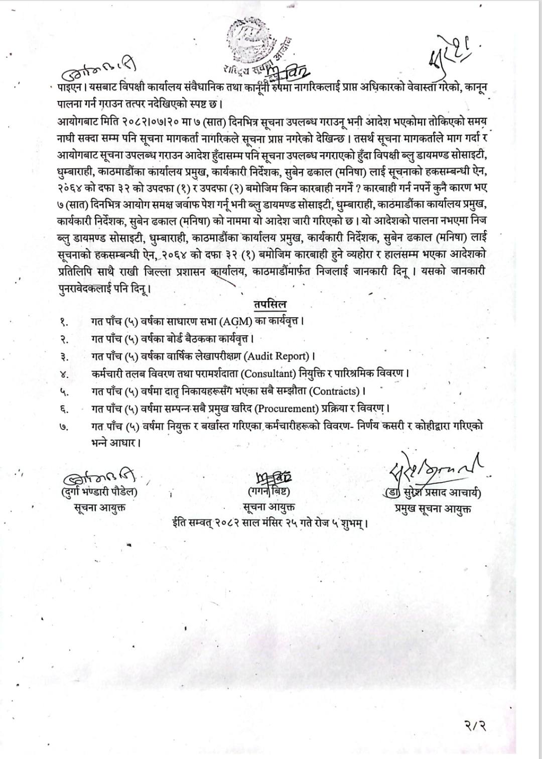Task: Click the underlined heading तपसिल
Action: (x=270, y=304)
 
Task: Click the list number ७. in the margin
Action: (x=64, y=426)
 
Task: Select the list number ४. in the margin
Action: (x=64, y=374)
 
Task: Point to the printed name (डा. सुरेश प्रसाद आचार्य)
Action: (x=432, y=492)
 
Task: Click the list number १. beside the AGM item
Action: (x=64, y=321)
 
